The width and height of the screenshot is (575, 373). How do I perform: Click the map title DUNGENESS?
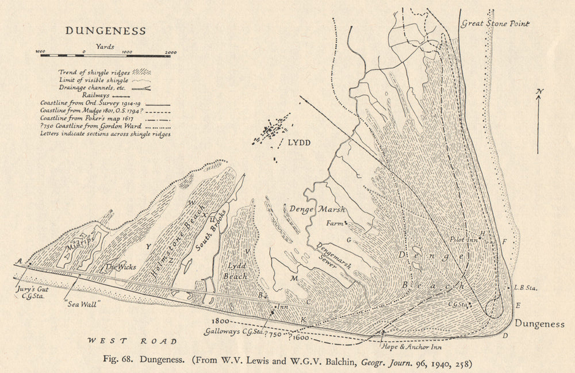[x=105, y=30]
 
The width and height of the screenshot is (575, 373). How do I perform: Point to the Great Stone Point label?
[x=494, y=24]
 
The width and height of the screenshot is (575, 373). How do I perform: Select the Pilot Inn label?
[x=465, y=239]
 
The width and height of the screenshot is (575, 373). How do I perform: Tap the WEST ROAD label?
[x=132, y=341]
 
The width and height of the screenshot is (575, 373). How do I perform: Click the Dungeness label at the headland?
[x=539, y=324]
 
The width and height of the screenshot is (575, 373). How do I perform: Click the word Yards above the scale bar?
[x=105, y=46]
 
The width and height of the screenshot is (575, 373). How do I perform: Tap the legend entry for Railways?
[x=95, y=95]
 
